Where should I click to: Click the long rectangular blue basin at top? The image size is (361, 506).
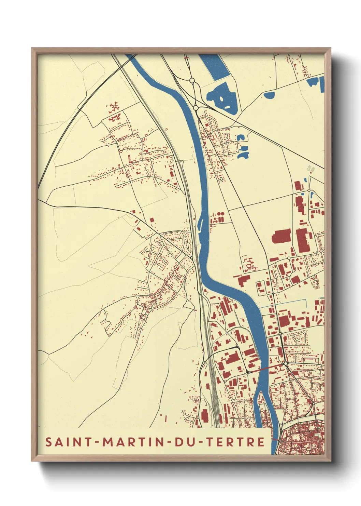point(214,67)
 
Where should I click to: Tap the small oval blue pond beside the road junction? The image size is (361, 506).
point(269,95)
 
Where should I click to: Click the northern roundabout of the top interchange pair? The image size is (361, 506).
point(192,81)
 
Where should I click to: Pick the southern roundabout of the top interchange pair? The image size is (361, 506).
point(196,108)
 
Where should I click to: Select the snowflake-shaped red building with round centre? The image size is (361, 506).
point(114,107)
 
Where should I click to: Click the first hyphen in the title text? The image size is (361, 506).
point(98,442)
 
